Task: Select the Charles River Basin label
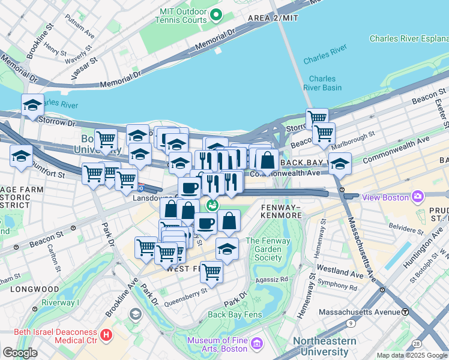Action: click(x=322, y=83)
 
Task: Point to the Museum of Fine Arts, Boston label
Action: click(x=217, y=344)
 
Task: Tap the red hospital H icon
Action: click(x=106, y=334)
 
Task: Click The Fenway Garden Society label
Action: click(x=264, y=249)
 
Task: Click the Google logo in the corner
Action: click(x=20, y=352)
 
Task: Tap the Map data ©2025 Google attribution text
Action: click(x=411, y=355)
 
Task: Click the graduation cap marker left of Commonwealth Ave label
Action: click(x=340, y=163)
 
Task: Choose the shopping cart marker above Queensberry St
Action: click(x=211, y=272)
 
